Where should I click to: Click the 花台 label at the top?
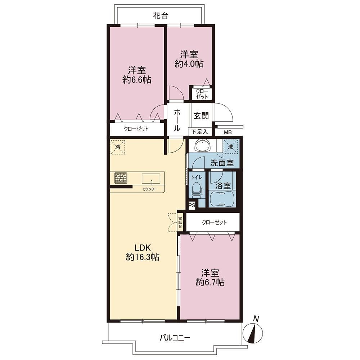161,15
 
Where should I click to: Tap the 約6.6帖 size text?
137,80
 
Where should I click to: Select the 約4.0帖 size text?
189,64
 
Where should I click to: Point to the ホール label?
177,120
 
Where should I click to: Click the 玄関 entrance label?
201,116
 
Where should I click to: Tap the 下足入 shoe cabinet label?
199,132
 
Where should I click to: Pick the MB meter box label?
228,132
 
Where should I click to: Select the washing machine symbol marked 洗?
231,147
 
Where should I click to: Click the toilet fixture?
197,190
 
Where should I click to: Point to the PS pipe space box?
192,206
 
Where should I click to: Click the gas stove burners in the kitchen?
121,178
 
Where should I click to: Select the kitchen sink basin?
151,179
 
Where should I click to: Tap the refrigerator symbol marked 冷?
118,147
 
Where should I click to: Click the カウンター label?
150,189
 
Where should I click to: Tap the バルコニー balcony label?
175,338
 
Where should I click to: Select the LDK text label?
142,248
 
